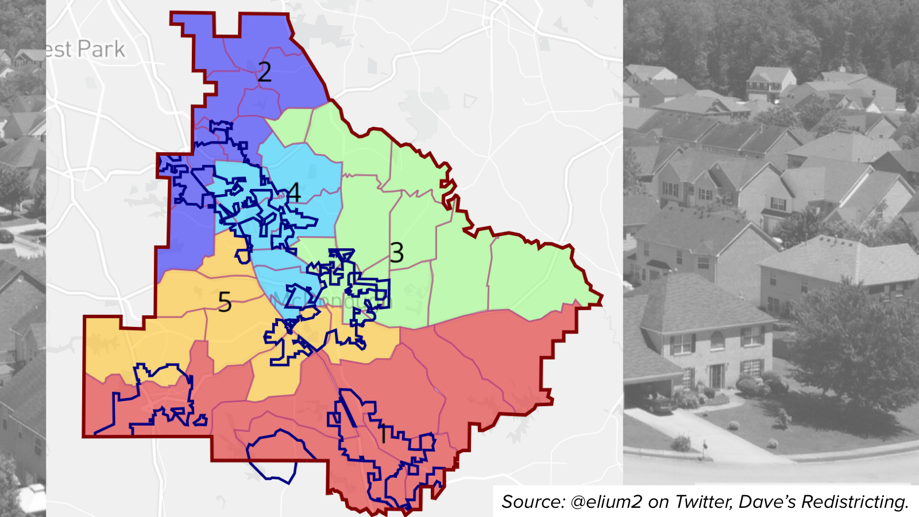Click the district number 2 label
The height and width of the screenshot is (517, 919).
(264, 72)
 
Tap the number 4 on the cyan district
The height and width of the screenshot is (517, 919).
(294, 192)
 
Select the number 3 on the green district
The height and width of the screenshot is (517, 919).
(397, 253)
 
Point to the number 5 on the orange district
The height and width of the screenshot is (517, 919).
(225, 302)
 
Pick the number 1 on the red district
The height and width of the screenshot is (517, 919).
(383, 435)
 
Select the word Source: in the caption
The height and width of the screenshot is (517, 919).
(532, 501)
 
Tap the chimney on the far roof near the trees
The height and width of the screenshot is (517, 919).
(842, 69)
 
